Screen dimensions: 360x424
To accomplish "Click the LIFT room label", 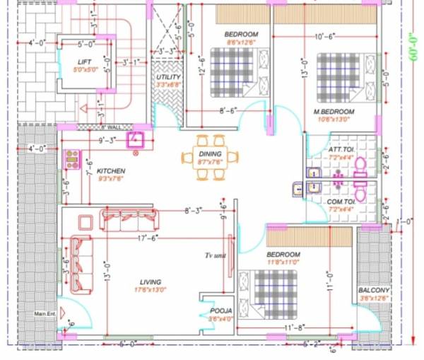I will (84, 62).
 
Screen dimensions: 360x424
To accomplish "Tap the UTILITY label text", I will (168, 77).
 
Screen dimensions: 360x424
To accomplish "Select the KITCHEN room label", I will (111, 171).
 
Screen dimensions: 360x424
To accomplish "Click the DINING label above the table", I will (211, 153).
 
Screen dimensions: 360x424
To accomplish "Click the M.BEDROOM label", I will (334, 112).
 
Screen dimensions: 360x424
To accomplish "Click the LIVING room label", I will (148, 281).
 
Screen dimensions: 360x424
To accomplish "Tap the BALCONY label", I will (374, 290).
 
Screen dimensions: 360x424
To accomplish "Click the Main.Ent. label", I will (45, 314).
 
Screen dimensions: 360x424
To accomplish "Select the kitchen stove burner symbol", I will (72, 158).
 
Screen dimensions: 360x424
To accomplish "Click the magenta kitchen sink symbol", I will (135, 139).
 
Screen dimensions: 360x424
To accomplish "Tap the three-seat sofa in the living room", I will (129, 220).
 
